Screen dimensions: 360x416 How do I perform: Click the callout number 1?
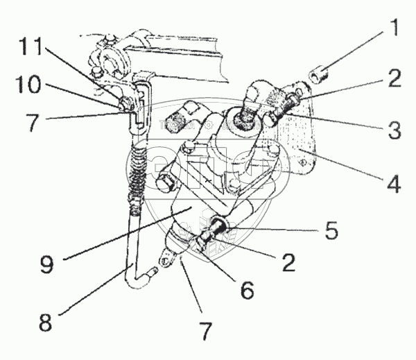tap(393, 30)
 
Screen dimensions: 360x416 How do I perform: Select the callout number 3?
tap(393, 130)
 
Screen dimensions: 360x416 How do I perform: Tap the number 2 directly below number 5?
tap(288, 262)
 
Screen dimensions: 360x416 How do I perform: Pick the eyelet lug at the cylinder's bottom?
tap(166, 261)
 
